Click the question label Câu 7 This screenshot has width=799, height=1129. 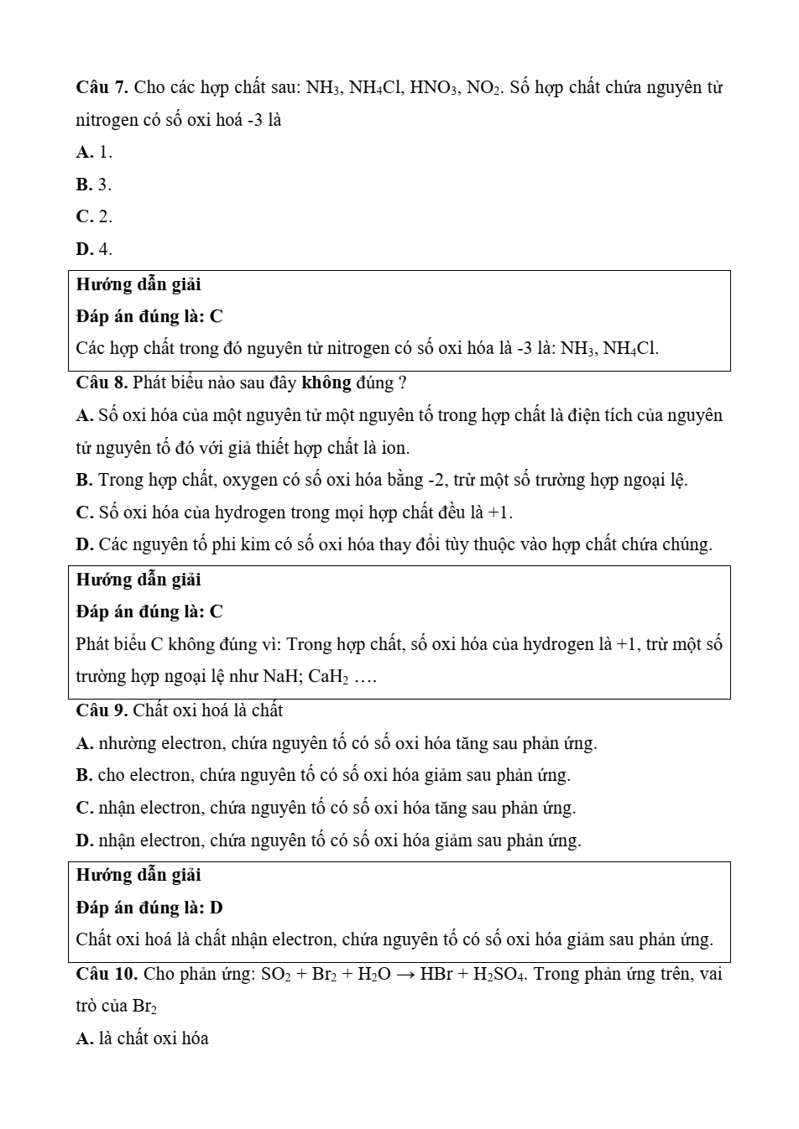[102, 87]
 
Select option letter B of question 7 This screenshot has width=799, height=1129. [83, 185]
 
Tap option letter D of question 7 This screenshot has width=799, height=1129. [83, 249]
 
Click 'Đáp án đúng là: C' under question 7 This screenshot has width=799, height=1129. [149, 317]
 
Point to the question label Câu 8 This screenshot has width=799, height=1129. [102, 383]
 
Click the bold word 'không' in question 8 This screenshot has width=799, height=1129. [326, 383]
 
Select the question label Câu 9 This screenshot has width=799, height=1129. [102, 711]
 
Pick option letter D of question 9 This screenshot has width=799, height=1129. [84, 840]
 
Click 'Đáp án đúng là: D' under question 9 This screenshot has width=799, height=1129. [149, 908]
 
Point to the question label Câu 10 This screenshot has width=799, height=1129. [107, 974]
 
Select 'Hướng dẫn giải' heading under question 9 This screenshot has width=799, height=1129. [138, 875]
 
